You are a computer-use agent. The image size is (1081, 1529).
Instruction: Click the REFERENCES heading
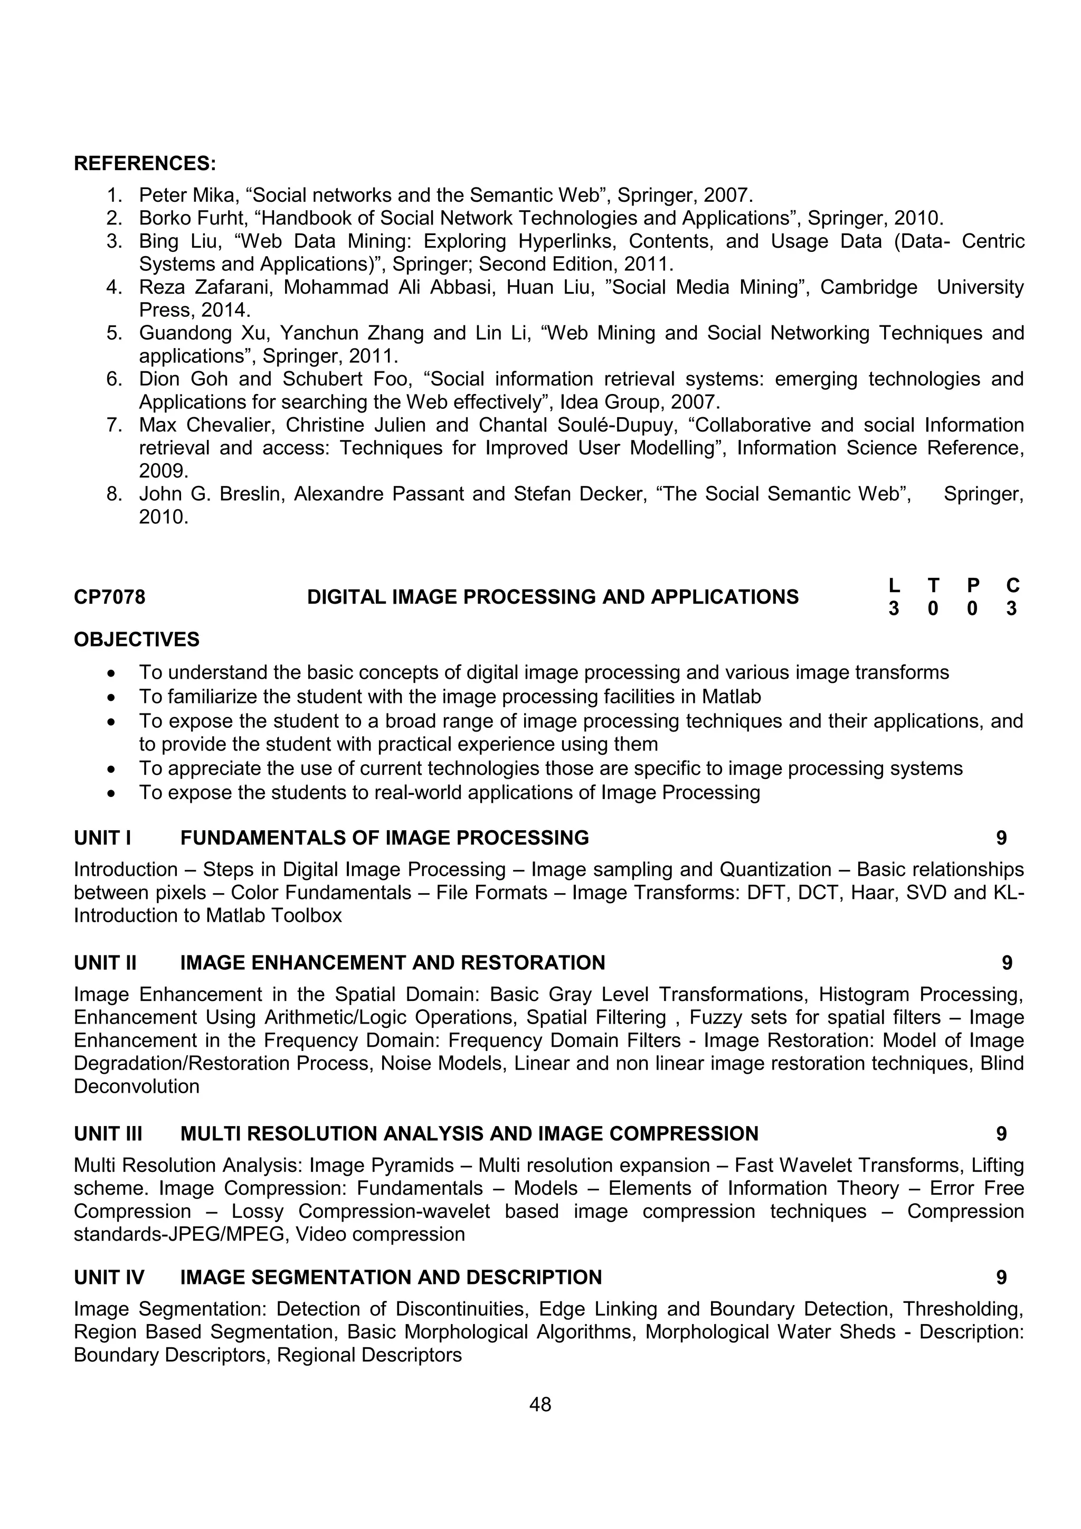[145, 163]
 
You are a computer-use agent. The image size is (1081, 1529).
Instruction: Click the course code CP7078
[109, 597]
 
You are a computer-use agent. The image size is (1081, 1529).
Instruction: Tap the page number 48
[540, 1404]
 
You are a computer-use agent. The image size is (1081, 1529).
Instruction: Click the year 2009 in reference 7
[163, 471]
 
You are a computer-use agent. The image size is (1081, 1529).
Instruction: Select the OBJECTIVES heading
[137, 639]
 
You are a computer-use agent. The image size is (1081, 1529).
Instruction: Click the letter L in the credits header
[894, 585]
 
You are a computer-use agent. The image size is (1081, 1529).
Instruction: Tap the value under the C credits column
[1012, 608]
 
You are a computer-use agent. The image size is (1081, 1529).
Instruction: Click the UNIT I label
[102, 838]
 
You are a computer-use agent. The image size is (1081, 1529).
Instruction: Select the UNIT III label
[107, 1133]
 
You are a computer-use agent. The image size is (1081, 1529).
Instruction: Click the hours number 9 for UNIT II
[1007, 963]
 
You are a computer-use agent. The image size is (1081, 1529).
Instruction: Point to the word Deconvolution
[137, 1086]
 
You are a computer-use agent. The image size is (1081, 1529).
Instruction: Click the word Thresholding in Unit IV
[961, 1309]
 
